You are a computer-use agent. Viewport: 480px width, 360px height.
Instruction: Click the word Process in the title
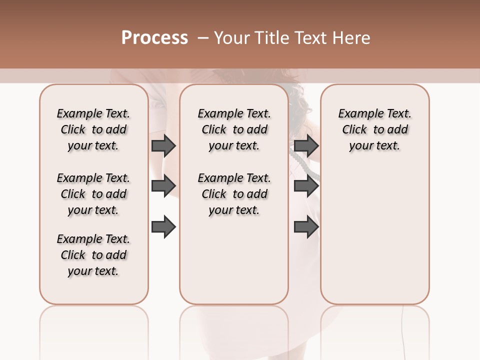154,38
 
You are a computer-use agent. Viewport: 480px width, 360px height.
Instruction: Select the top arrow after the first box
163,146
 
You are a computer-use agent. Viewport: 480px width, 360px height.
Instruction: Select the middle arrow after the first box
163,186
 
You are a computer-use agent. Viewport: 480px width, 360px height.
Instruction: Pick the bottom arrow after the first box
163,226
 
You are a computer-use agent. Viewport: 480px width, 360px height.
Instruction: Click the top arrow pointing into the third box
306,146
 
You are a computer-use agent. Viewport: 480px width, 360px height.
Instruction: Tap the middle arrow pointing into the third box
306,186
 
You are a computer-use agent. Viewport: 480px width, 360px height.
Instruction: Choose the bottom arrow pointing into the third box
306,226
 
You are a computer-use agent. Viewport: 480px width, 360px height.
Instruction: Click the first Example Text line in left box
93,113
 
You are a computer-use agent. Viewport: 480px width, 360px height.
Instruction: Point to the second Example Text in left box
93,178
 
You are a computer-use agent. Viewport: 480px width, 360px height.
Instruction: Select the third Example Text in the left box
93,239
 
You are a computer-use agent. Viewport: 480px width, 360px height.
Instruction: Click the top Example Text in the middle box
234,113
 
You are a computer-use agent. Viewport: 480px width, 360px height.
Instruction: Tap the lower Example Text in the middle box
234,178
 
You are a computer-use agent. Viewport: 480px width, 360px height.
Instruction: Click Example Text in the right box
374,113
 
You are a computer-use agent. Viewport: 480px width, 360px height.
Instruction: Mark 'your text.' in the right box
374,146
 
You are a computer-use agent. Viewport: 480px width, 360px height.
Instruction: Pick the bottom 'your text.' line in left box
93,271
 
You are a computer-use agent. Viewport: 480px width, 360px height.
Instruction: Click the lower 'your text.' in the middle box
234,210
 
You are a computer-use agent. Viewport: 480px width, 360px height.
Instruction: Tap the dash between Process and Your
202,38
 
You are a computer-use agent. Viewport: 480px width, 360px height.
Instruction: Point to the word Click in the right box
354,130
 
